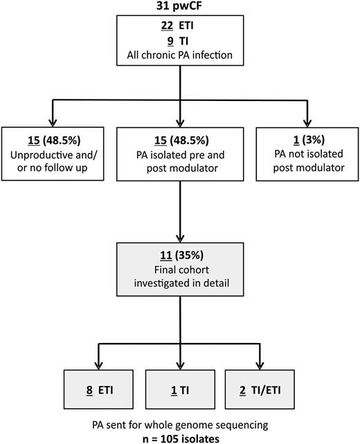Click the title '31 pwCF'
(179, 6)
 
